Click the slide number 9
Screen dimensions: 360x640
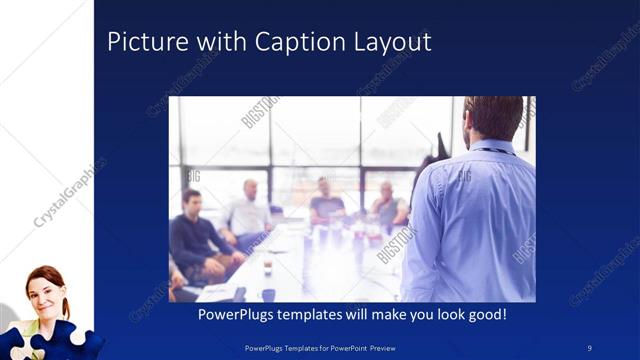tap(590, 346)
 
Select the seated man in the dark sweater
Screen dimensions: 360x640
tap(196, 235)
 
